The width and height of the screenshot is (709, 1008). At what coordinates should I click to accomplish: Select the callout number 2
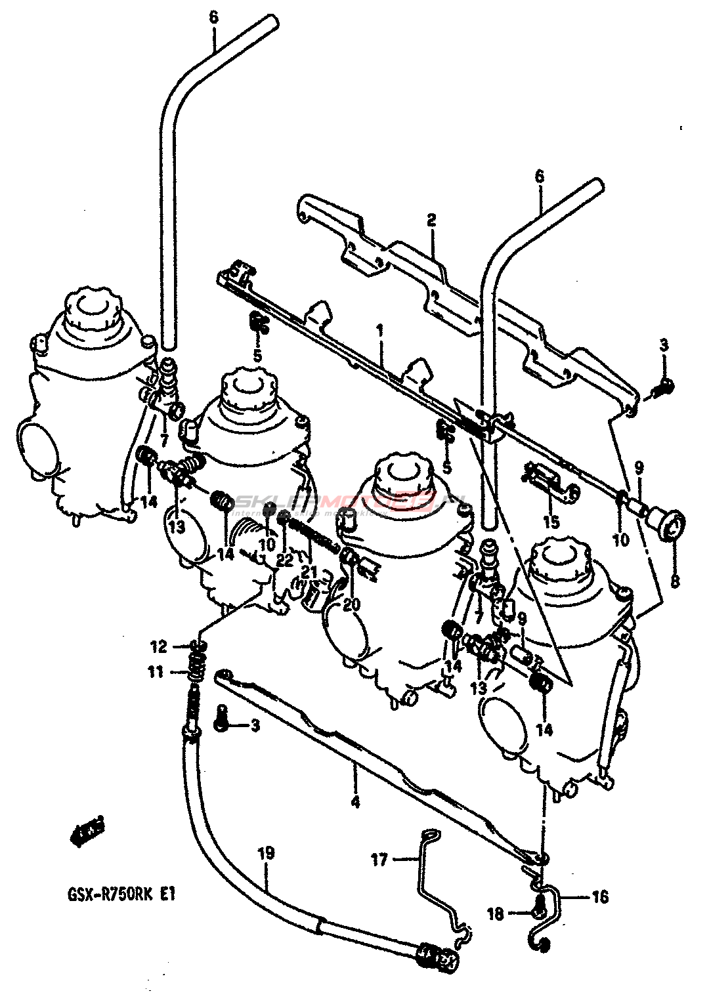coord(431,220)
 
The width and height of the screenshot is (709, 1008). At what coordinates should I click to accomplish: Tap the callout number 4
coord(355,802)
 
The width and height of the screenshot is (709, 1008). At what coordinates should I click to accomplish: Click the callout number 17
coord(380,859)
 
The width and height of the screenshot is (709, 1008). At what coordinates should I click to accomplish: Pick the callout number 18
coord(496,913)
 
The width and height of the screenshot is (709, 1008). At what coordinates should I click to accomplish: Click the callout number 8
coord(675,580)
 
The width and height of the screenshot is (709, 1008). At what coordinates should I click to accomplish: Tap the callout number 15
coord(551,522)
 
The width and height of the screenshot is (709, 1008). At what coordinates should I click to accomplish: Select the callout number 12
coord(159,647)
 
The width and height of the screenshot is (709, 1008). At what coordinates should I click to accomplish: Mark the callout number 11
coord(155,673)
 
